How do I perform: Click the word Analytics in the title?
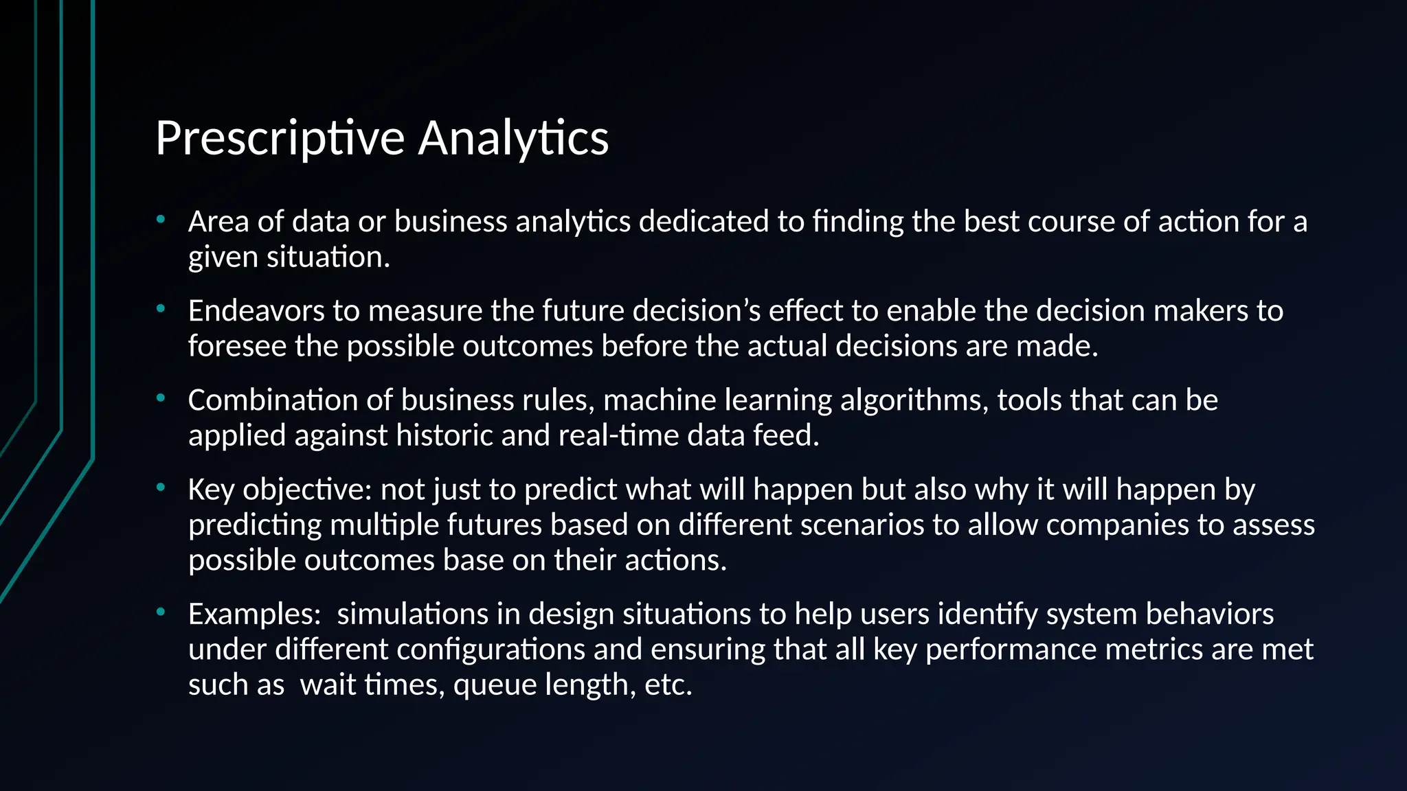[x=513, y=139]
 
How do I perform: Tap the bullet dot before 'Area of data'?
[x=161, y=220]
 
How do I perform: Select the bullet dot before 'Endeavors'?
[x=161, y=309]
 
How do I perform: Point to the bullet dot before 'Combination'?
[x=161, y=398]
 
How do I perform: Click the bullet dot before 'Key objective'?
[x=161, y=488]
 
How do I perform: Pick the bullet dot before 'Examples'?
[x=161, y=612]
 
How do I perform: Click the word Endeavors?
[x=256, y=311]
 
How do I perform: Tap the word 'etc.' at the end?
[x=668, y=685]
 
